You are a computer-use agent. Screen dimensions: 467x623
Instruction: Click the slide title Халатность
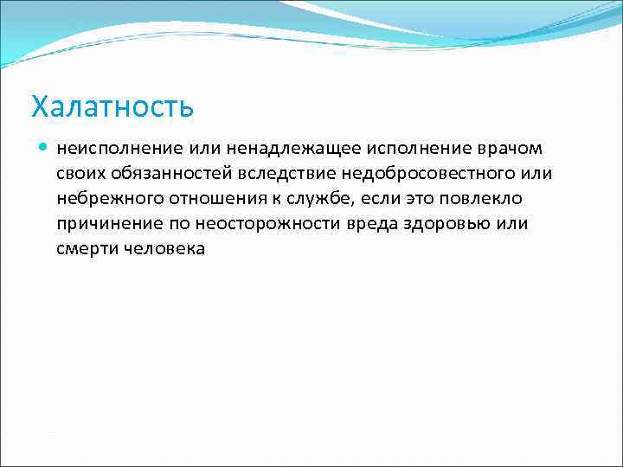point(112,107)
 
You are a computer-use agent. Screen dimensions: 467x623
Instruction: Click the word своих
point(80,173)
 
